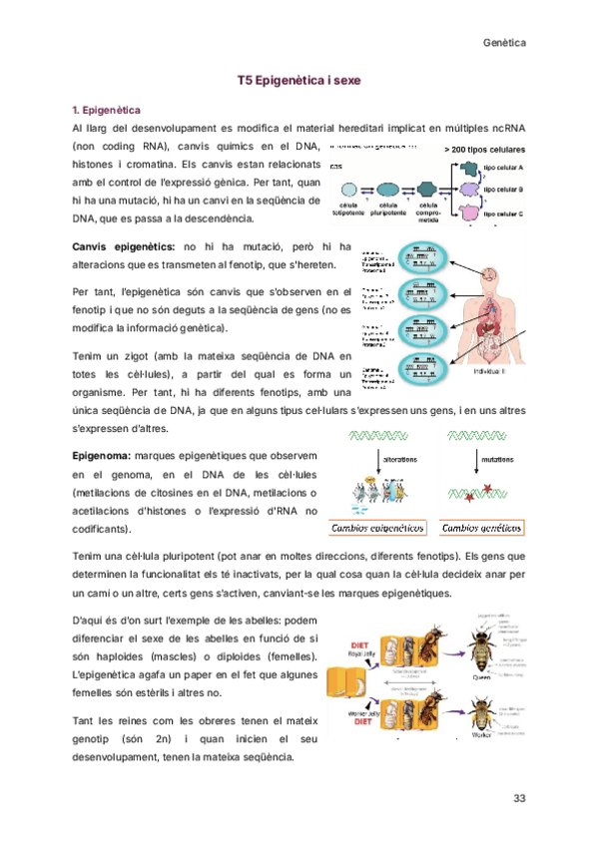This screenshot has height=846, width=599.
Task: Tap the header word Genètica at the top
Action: coord(504,45)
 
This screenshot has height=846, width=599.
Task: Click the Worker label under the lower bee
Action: coord(480,734)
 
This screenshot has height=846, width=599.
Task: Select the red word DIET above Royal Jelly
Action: coord(359,644)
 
